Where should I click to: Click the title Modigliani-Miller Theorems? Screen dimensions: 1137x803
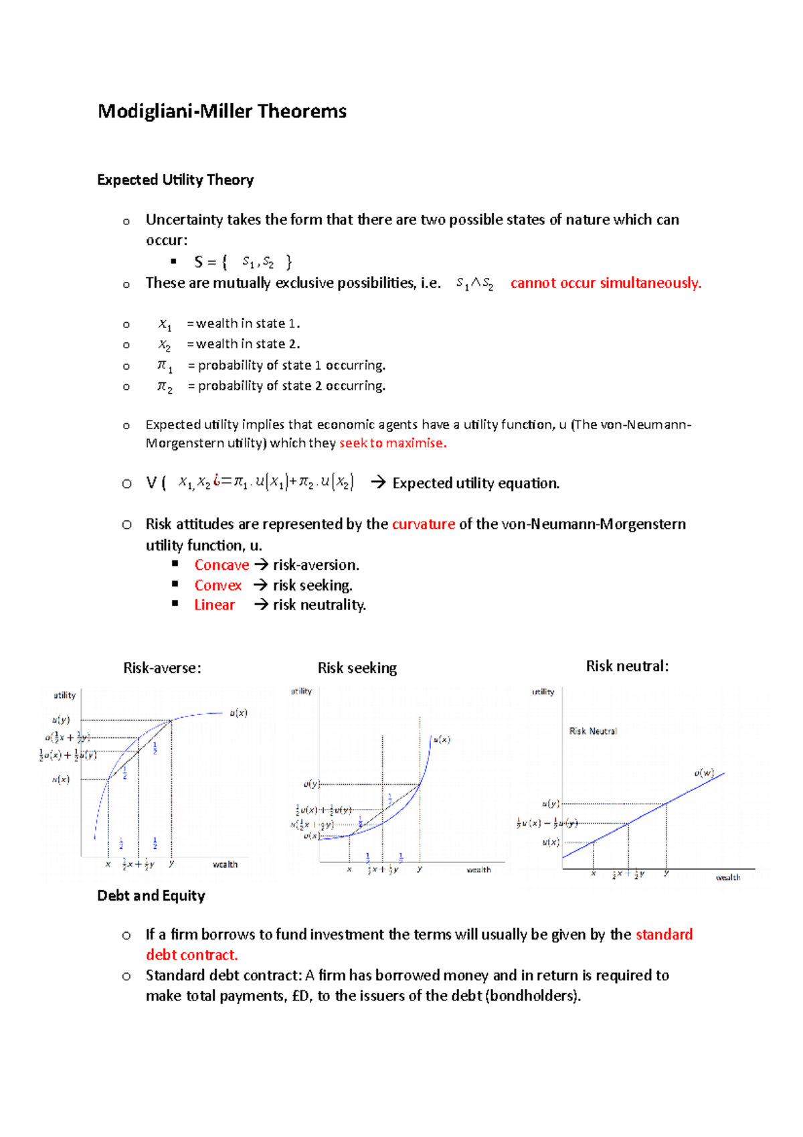click(221, 111)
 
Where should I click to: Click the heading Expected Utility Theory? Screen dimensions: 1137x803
click(175, 180)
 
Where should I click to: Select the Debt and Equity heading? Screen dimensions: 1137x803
click(151, 896)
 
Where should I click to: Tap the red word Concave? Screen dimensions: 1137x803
click(221, 565)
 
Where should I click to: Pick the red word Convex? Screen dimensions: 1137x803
click(217, 585)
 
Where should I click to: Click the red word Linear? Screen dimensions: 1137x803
click(214, 605)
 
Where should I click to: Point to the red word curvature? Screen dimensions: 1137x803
click(423, 524)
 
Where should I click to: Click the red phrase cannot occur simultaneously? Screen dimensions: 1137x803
click(606, 283)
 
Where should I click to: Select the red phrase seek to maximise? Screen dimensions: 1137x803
click(392, 443)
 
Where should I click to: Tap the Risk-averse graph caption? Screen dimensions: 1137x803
click(162, 668)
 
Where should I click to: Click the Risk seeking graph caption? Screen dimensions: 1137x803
click(357, 668)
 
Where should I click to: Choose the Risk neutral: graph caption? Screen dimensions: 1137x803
click(627, 666)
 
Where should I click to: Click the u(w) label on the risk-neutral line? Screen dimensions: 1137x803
click(704, 773)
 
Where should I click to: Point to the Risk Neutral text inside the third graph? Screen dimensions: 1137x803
click(593, 731)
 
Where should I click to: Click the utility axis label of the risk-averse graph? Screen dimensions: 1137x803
click(65, 695)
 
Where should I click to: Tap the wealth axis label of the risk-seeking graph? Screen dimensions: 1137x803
click(478, 870)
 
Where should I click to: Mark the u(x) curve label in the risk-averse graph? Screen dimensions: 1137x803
click(238, 713)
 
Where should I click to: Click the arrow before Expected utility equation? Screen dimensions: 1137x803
click(378, 483)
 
